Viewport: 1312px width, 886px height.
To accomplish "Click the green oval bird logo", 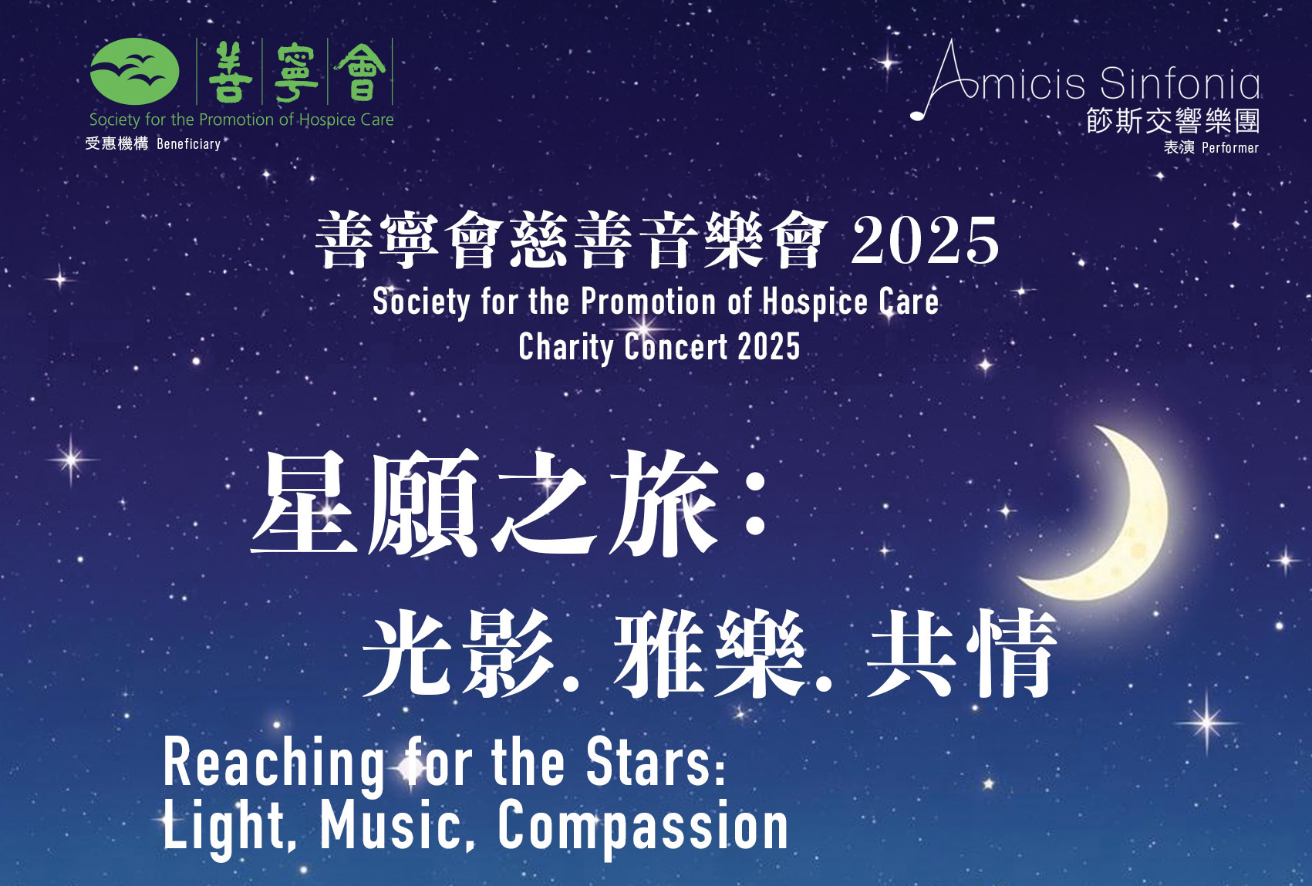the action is [135, 71].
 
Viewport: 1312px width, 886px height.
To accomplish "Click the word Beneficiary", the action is [189, 144].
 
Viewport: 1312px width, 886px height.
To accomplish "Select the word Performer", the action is [1230, 147].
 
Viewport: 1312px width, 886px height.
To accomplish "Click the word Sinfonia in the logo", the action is [1179, 83].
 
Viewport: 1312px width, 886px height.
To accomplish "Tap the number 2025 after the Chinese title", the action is [925, 241].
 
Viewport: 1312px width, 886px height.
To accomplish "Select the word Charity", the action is [566, 347].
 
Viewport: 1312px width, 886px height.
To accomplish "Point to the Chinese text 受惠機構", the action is [116, 143].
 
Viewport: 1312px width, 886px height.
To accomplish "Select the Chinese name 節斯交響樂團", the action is [1172, 121].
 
